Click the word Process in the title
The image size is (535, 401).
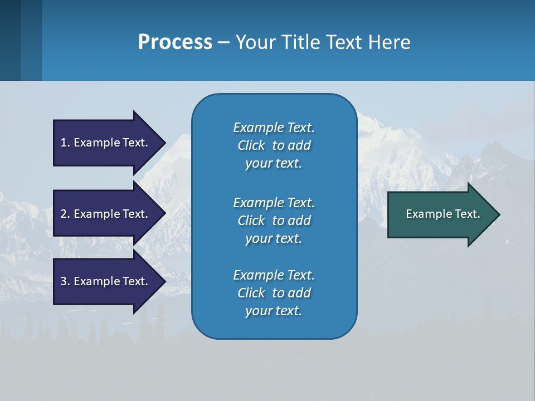pyautogui.click(x=175, y=42)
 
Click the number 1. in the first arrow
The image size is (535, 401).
pyautogui.click(x=65, y=143)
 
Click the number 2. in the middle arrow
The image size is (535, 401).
pyautogui.click(x=65, y=214)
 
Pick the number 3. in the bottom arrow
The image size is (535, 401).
pyautogui.click(x=65, y=281)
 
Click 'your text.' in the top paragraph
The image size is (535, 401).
pyautogui.click(x=274, y=164)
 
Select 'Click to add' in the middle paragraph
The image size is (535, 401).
pyautogui.click(x=274, y=221)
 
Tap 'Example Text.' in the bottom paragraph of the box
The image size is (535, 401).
pyautogui.click(x=274, y=275)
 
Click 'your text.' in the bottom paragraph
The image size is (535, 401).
pyautogui.click(x=274, y=311)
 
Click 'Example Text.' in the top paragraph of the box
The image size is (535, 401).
pyautogui.click(x=274, y=128)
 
